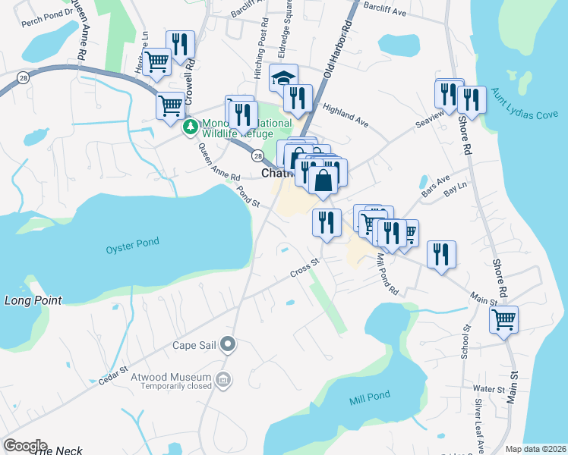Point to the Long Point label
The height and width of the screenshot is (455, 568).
point(33,300)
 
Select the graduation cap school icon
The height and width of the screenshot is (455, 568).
point(283,77)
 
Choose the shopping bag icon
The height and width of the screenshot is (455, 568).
point(323,180)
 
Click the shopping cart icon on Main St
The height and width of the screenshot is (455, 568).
point(503,319)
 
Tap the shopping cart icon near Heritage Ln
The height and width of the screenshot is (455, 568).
point(157,61)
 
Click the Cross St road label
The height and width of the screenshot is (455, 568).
point(306,269)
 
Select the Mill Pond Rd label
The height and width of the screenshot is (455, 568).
point(388,274)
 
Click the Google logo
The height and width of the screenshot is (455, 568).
point(25,446)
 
